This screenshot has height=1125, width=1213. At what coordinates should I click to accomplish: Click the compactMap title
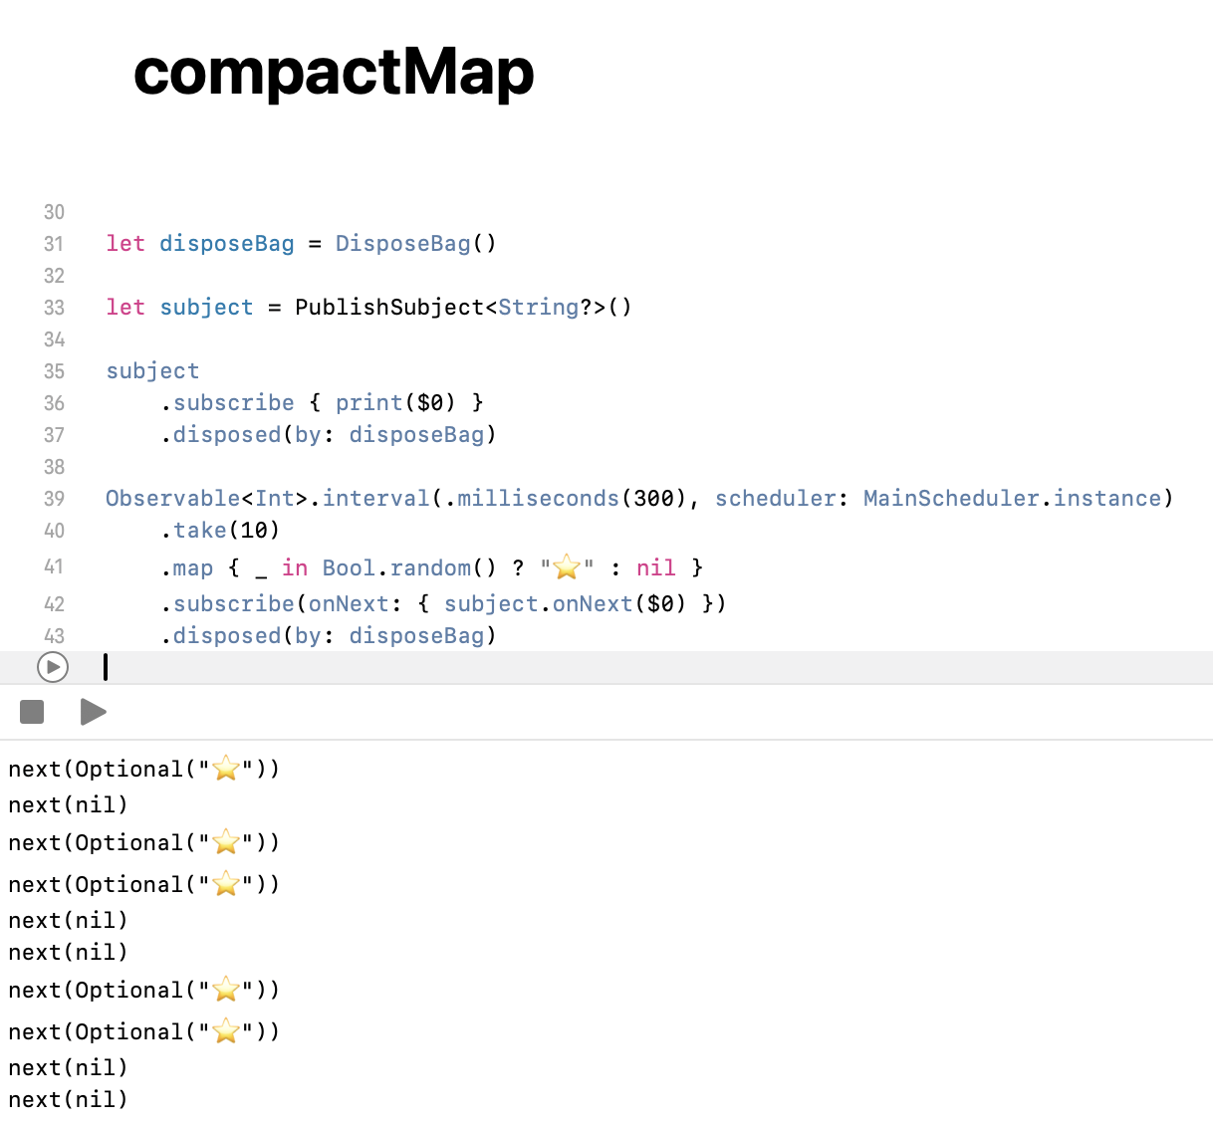coord(334,73)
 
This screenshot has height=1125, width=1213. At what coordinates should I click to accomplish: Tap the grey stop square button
coord(32,712)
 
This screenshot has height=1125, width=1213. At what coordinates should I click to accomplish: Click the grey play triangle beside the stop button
coord(93,712)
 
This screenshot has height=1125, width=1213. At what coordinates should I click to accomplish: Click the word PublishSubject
coord(389,307)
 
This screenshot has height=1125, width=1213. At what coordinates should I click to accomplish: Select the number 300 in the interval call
coord(653,498)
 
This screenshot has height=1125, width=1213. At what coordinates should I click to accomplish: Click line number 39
coord(54,498)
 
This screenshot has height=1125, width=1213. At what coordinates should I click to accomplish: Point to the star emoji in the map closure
coord(567,567)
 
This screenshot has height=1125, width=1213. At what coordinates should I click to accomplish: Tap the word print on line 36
coord(368,402)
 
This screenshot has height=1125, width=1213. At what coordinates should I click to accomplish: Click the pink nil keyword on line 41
coord(655,567)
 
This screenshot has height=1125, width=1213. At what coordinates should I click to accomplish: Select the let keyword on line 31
coord(125,243)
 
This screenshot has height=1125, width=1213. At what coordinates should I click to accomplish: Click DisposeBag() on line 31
coord(415,243)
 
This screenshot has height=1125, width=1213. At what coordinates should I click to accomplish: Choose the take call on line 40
coord(199,530)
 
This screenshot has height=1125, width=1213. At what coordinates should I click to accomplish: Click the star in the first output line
coord(227,769)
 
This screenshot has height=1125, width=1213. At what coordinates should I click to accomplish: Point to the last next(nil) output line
coord(69,1099)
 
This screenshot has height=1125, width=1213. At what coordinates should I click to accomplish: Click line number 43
coord(54,635)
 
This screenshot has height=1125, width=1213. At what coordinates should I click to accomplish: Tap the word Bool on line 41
coord(349,567)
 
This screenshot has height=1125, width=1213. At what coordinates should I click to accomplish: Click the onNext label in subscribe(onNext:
coord(349,603)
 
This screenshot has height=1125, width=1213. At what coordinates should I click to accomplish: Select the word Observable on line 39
coord(172,498)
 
